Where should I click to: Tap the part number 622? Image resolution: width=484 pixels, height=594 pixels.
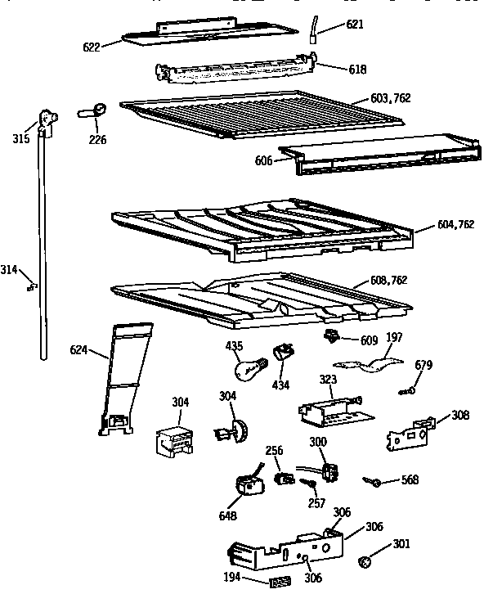coord(91,47)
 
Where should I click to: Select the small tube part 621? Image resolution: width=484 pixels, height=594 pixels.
coord(314,29)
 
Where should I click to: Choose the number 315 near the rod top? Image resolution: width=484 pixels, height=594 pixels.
coord(21,138)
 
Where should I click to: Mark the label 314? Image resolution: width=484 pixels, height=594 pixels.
coord(9,269)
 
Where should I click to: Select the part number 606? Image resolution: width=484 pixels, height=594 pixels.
coord(263,161)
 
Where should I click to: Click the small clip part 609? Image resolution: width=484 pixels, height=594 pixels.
coord(331,335)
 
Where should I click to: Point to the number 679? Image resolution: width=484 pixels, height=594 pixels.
coord(423,365)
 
